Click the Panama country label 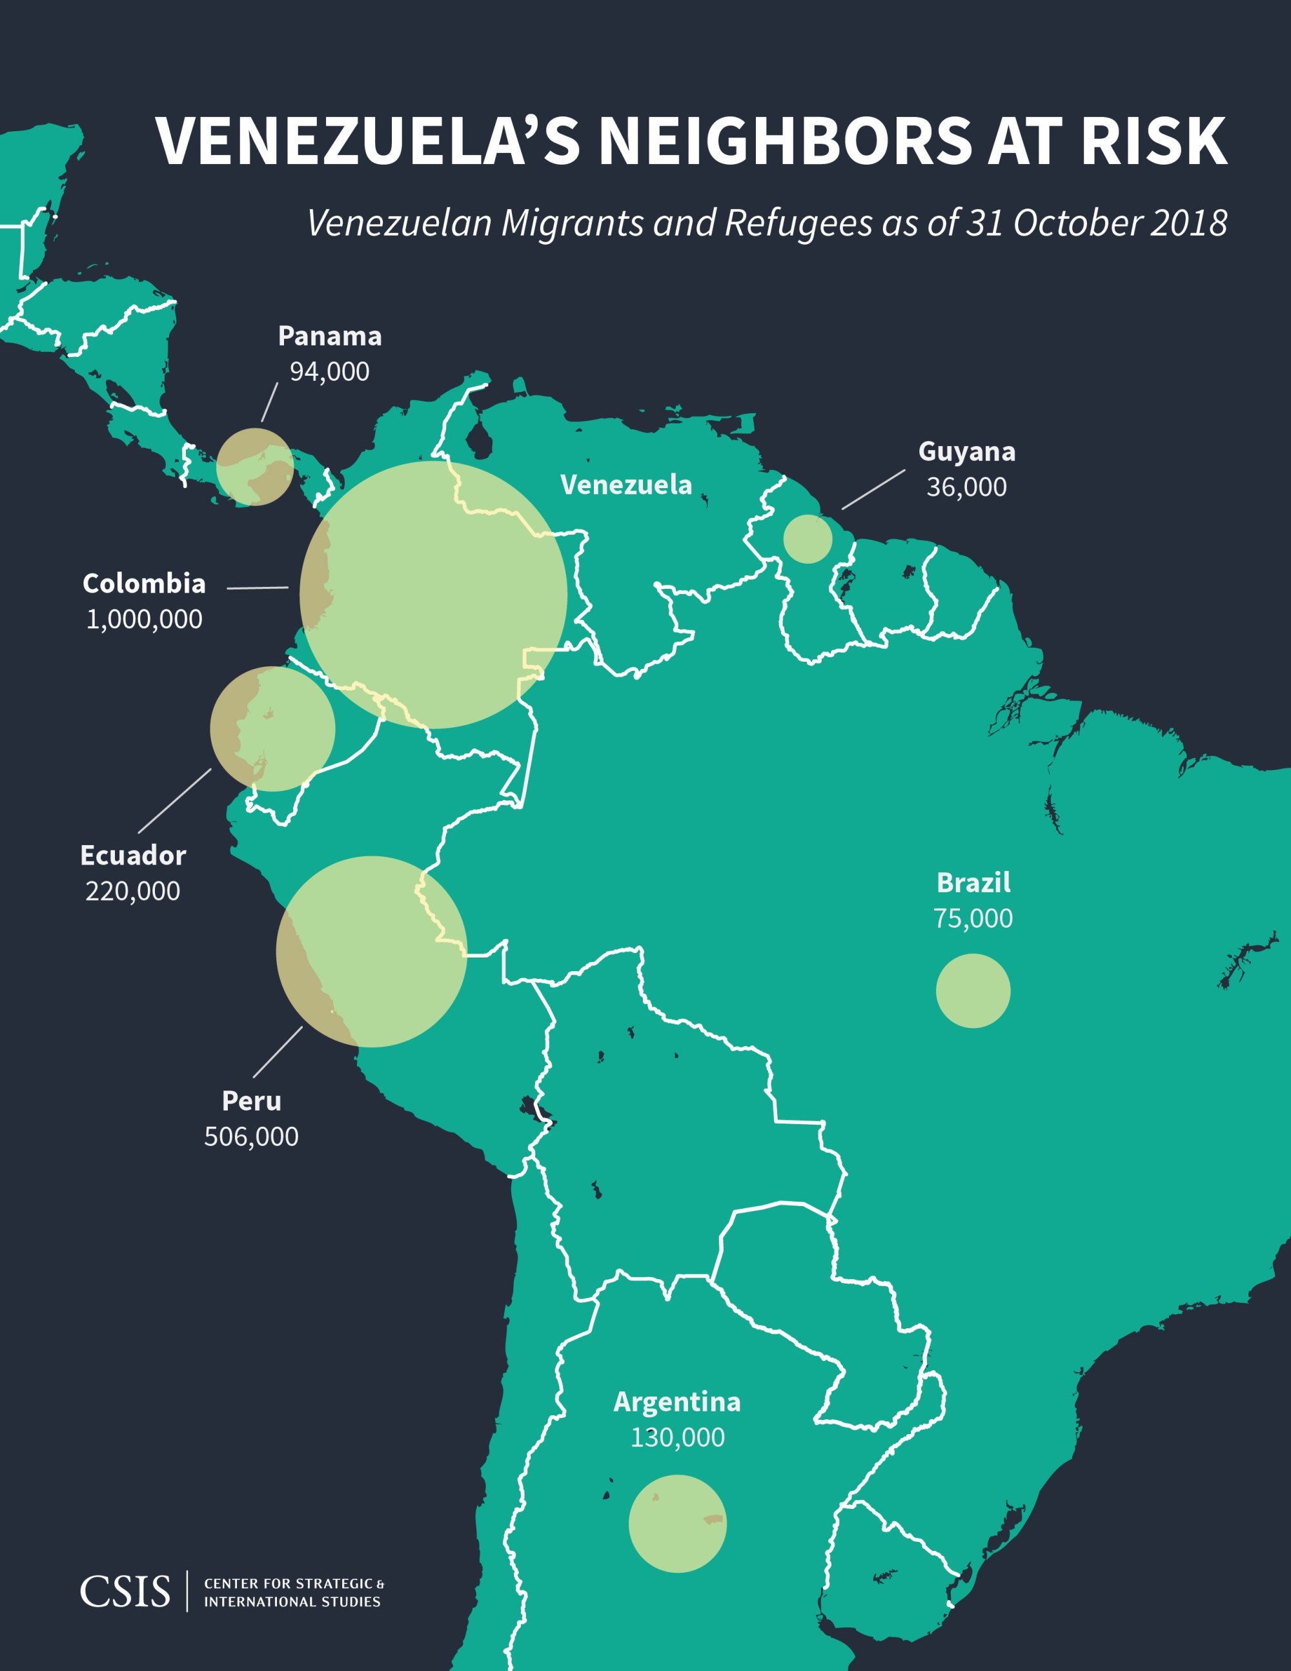330,336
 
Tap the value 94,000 330,372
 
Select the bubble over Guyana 808,538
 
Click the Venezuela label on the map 625,484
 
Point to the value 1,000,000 144,619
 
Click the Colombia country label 144,584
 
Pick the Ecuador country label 133,856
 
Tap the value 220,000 133,892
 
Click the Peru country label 252,1101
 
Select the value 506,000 252,1137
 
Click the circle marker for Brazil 973,991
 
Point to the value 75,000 973,918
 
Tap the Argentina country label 677,1402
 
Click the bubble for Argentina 677,1523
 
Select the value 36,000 967,487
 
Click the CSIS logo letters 125,1592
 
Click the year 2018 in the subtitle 1188,223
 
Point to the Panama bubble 255,466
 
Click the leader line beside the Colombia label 257,588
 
